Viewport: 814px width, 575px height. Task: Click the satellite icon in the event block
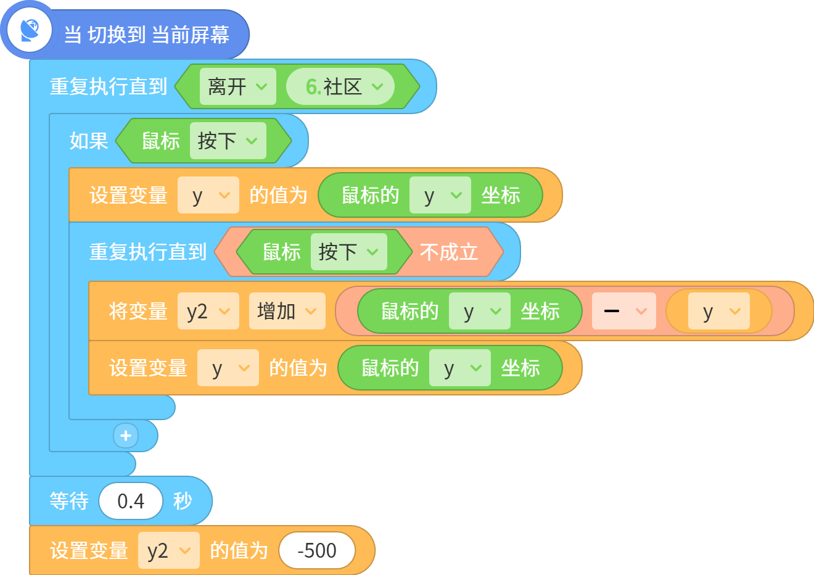(30, 30)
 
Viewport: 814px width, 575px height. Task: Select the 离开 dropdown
(237, 86)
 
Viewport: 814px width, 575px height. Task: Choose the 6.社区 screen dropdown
(340, 86)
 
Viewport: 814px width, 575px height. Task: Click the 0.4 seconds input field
(131, 501)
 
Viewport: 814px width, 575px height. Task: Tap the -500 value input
(317, 550)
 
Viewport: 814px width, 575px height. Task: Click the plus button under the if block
(126, 436)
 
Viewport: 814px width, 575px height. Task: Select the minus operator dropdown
(624, 311)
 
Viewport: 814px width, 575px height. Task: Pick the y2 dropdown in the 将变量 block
(208, 311)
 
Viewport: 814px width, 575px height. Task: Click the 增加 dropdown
(287, 311)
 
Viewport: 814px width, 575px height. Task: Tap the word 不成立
(449, 252)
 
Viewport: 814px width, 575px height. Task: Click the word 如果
(89, 141)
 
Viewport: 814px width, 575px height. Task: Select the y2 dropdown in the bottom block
(168, 550)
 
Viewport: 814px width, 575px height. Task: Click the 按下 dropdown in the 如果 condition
(228, 141)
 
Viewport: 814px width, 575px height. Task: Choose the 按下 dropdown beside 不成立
(349, 252)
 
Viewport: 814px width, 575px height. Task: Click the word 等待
(69, 501)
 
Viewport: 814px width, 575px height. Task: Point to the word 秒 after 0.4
(183, 501)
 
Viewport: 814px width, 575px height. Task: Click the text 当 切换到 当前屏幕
(146, 35)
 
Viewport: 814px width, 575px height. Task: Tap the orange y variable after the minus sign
(719, 311)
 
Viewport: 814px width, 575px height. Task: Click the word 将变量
(138, 311)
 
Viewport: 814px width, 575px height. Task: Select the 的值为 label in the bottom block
(239, 550)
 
